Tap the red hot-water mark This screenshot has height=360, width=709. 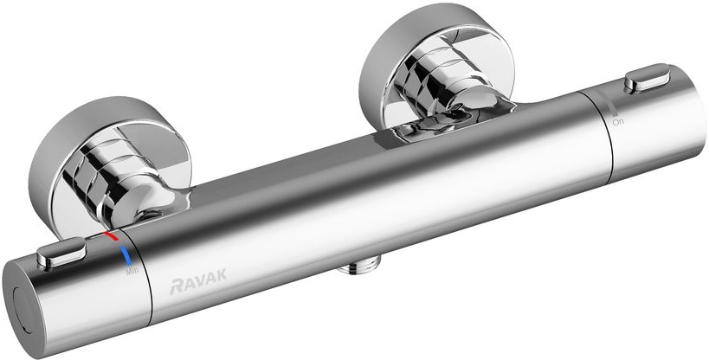pos(110,235)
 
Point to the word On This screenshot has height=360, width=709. pos(617,123)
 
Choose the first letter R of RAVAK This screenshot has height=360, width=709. pos(163,283)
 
